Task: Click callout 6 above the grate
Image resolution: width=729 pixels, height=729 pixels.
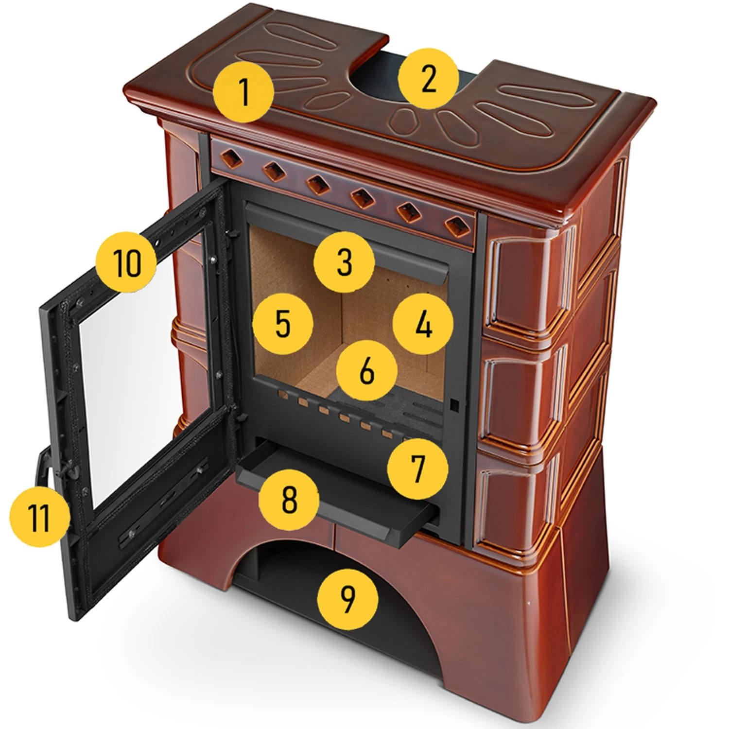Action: pyautogui.click(x=367, y=371)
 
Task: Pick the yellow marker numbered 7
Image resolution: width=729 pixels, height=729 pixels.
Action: pyautogui.click(x=417, y=468)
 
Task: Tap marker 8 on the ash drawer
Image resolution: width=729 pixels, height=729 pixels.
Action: pyautogui.click(x=289, y=500)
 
